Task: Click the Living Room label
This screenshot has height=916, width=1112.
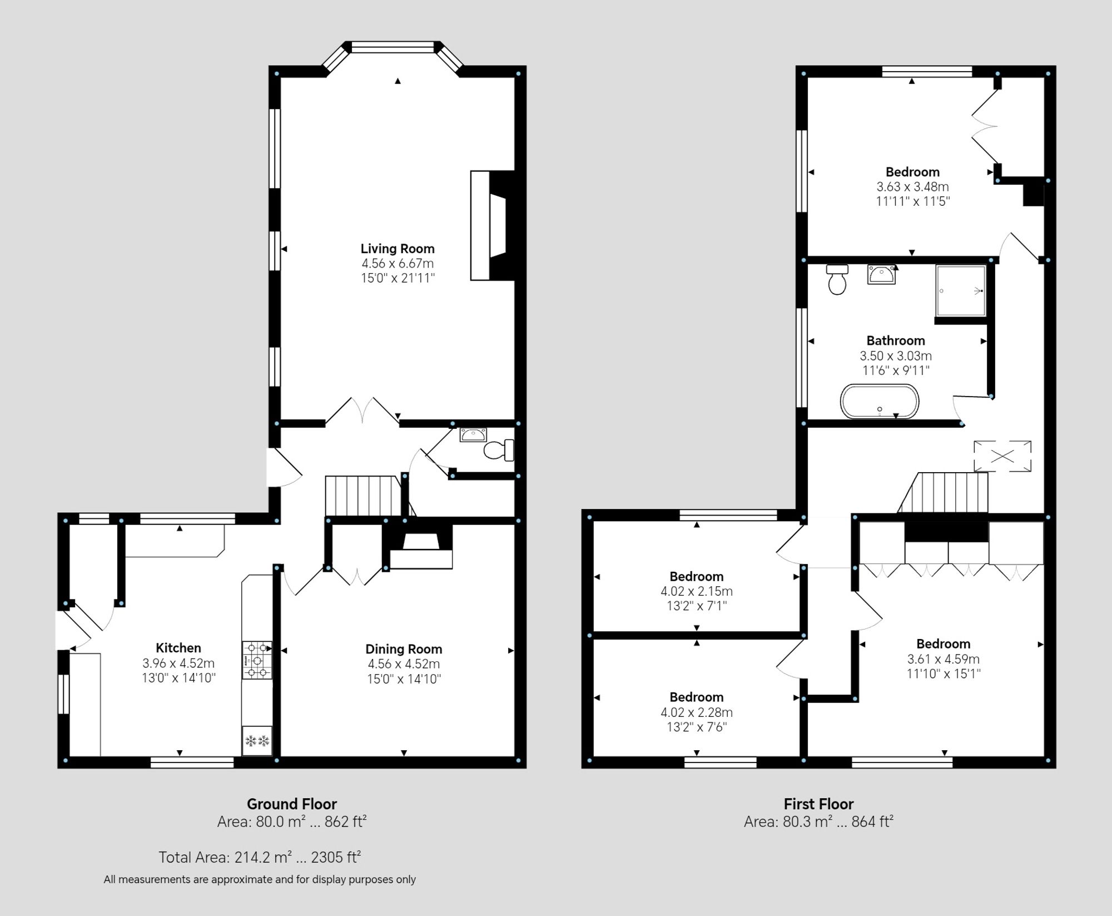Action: pyautogui.click(x=397, y=249)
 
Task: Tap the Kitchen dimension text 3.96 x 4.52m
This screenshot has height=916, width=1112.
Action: pyautogui.click(x=178, y=663)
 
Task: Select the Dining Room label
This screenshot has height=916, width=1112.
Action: pyautogui.click(x=403, y=648)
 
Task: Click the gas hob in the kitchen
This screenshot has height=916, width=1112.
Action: pyautogui.click(x=257, y=660)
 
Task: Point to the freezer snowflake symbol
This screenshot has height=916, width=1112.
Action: pyautogui.click(x=257, y=741)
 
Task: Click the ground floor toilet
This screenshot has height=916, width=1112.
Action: pyautogui.click(x=498, y=450)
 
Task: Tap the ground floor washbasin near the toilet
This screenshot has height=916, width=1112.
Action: pyautogui.click(x=473, y=435)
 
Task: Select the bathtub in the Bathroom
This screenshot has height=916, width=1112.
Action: pyautogui.click(x=879, y=401)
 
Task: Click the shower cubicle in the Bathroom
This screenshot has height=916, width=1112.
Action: pyautogui.click(x=961, y=290)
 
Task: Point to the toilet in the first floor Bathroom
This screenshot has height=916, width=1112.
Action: pyautogui.click(x=837, y=280)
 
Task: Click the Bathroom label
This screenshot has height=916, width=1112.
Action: pyautogui.click(x=895, y=340)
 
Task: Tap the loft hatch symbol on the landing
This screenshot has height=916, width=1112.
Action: pyautogui.click(x=1002, y=456)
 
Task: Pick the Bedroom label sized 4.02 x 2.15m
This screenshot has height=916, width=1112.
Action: pyautogui.click(x=696, y=576)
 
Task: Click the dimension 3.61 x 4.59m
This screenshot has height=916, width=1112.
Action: pyautogui.click(x=943, y=658)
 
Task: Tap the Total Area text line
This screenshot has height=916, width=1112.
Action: pyautogui.click(x=260, y=857)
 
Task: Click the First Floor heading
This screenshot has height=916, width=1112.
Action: pyautogui.click(x=818, y=804)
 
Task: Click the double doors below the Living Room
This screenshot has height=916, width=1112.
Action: pyautogui.click(x=362, y=412)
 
